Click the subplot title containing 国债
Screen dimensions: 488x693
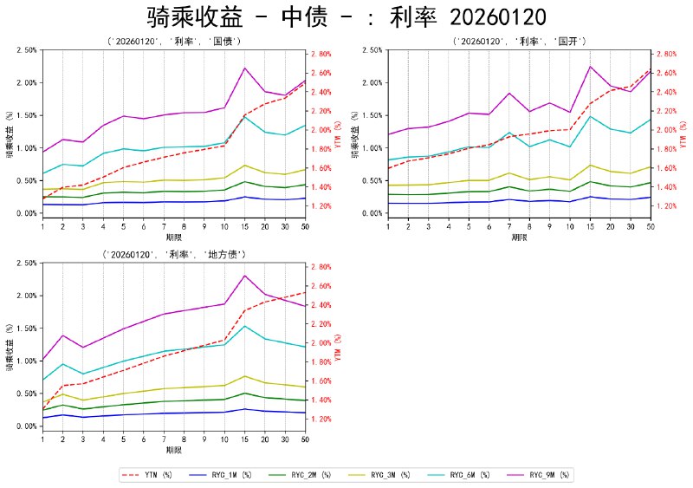[x=173, y=41]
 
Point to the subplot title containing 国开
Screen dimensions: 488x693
[x=519, y=41]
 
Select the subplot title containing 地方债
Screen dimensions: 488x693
[x=173, y=254]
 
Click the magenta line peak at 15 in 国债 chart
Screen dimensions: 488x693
[x=245, y=68]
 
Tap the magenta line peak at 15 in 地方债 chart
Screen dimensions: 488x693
[x=245, y=276]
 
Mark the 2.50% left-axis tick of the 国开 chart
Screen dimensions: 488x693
[x=374, y=50]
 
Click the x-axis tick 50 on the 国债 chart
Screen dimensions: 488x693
[x=305, y=226]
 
